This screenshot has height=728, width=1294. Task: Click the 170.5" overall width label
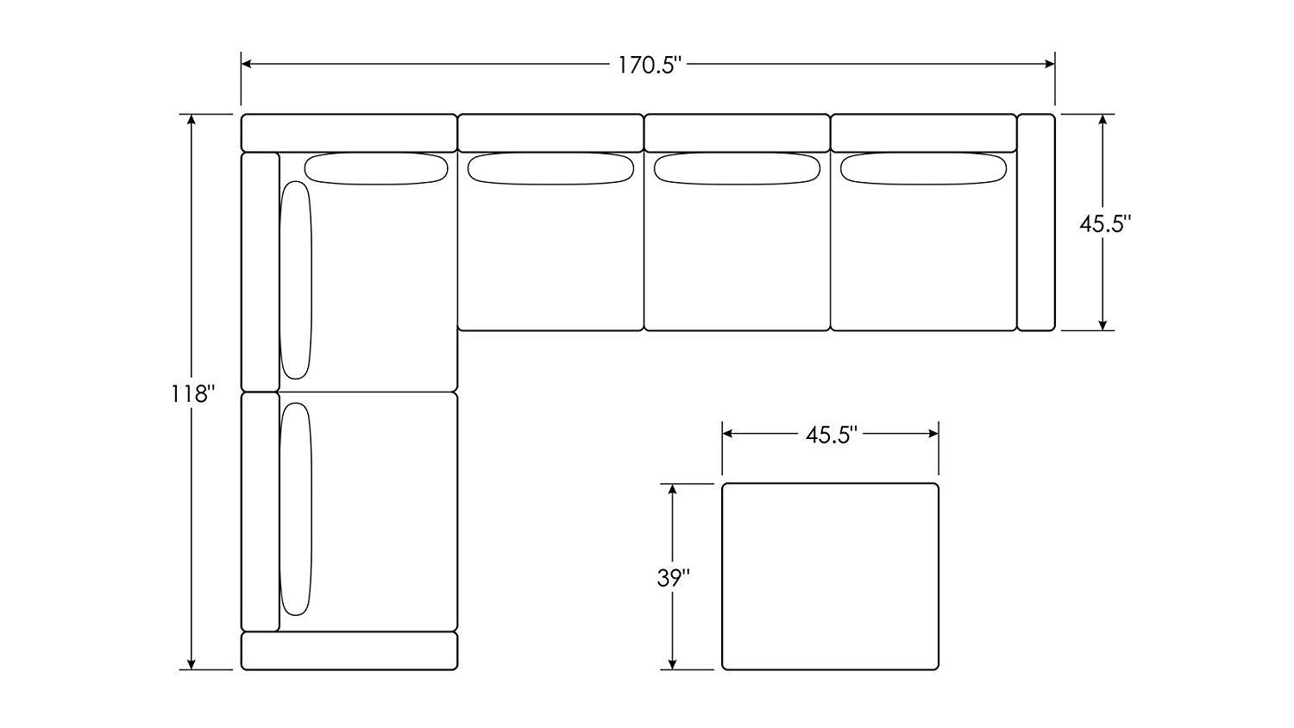(x=650, y=66)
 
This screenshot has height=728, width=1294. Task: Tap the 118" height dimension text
(x=193, y=395)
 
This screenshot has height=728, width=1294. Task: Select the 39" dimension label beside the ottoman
(x=674, y=578)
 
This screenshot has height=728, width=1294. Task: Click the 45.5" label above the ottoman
(x=831, y=435)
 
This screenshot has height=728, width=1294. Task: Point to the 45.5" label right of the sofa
(x=1105, y=223)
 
